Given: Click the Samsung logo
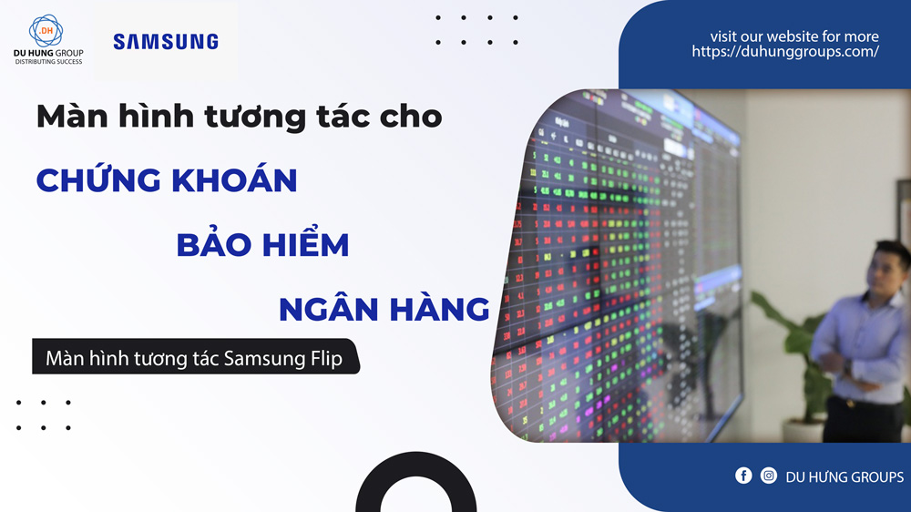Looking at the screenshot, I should pos(165,41).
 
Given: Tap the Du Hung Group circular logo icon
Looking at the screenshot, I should pos(46,31).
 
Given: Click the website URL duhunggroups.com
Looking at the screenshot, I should pos(784,52).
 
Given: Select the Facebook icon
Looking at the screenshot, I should pos(743,476).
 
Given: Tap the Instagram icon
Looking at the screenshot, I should pos(769,476).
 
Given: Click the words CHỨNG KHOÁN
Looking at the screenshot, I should pos(167,179).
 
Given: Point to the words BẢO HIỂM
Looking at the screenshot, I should pos(262,243).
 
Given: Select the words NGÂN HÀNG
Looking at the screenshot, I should pos(384,308).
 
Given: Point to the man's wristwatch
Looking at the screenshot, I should pos(846,366).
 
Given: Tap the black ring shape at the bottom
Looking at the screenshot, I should pos(415,493).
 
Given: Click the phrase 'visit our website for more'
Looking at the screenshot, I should pos(794,36).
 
